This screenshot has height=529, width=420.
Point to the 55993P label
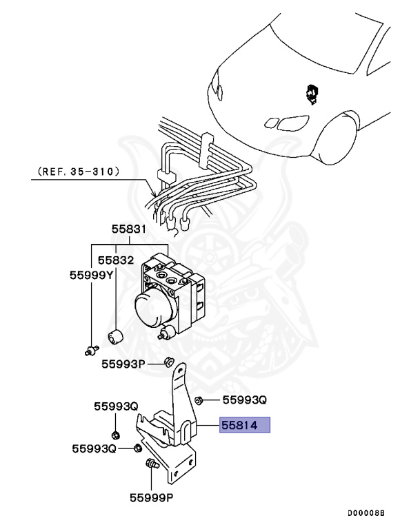click(122, 364)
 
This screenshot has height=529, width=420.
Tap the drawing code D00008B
click(366, 513)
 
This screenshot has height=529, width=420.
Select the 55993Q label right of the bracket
click(243, 400)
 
